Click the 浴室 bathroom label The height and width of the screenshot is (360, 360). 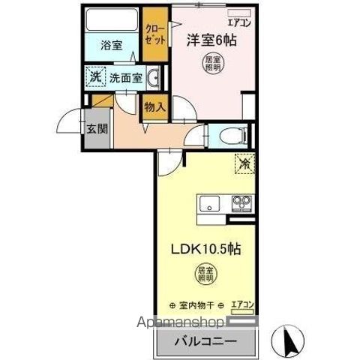[112, 45]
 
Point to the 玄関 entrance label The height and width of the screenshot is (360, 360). [96, 128]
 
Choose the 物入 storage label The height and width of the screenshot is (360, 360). [154, 107]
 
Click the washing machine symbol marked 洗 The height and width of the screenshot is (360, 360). [95, 76]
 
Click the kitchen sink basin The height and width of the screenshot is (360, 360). [207, 202]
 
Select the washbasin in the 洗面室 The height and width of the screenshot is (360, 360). [152, 76]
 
